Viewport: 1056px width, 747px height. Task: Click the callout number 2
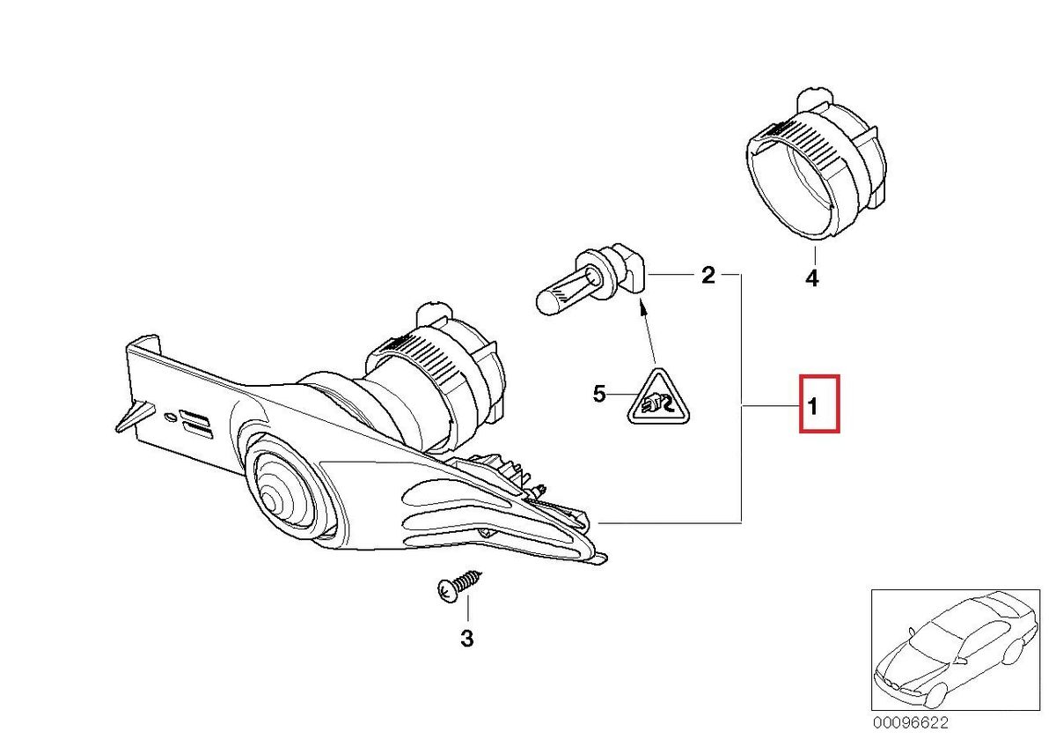[708, 276]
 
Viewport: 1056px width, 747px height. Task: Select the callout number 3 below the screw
[466, 638]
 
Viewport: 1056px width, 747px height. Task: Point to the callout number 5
[599, 394]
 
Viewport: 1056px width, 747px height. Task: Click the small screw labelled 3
[458, 586]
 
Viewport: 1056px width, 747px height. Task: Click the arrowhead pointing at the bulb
[642, 308]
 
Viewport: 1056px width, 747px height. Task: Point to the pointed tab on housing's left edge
[127, 418]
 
